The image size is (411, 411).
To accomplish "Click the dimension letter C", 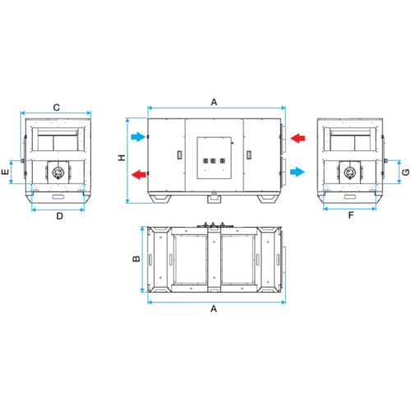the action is click(x=57, y=108).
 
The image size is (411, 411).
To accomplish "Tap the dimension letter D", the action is click(x=60, y=216).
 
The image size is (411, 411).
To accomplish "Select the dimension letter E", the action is click(x=5, y=172).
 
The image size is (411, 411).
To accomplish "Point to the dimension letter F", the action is click(x=351, y=215).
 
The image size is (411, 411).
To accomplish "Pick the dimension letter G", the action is click(x=405, y=172).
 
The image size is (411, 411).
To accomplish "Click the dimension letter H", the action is click(x=122, y=158).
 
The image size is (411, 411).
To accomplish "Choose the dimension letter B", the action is click(x=136, y=258).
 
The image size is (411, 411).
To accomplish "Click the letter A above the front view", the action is click(x=214, y=102).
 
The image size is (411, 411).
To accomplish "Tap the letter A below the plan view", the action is click(x=214, y=309).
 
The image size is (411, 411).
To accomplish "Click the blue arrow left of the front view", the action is click(x=138, y=136).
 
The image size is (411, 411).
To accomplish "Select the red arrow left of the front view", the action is click(x=139, y=174).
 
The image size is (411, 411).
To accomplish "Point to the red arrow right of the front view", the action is click(x=298, y=138).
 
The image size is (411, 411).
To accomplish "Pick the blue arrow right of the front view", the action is click(x=298, y=172).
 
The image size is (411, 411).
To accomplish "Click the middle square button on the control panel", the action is click(x=213, y=160).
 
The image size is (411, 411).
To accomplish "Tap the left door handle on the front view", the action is click(x=179, y=155).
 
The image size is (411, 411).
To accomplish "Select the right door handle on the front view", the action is click(x=248, y=155).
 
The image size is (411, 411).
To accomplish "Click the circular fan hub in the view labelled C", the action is click(x=58, y=173).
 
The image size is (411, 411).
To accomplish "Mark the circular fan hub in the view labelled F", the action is click(x=349, y=173).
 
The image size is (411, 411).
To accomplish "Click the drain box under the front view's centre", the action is click(x=214, y=198).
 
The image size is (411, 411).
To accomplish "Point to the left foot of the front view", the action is click(x=159, y=199).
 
